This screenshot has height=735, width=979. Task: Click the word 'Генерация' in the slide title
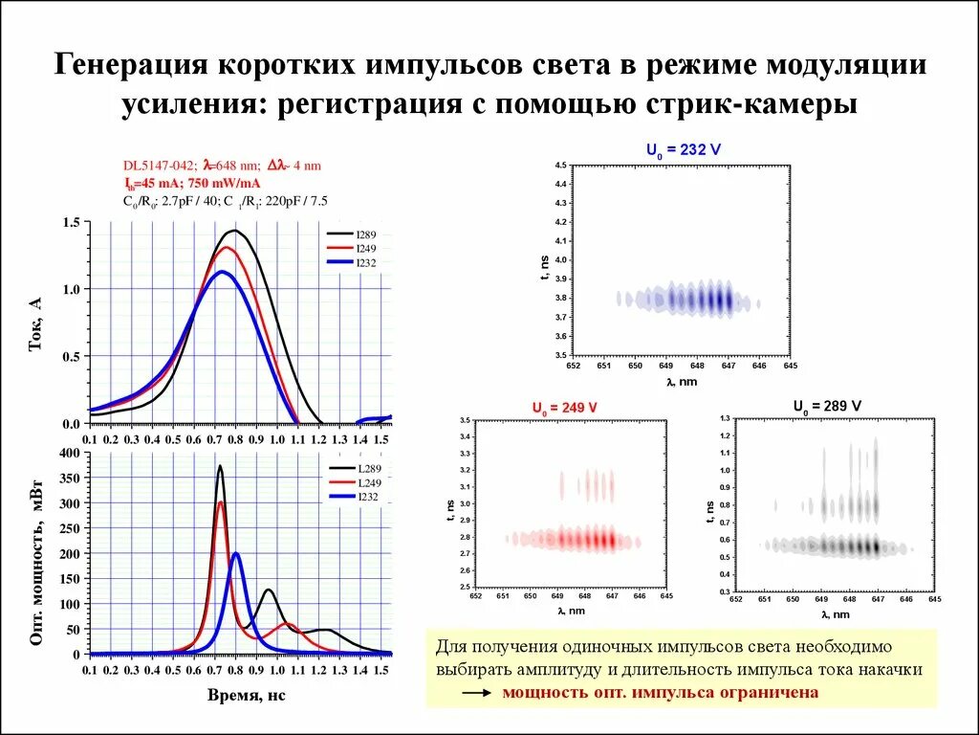coord(130,65)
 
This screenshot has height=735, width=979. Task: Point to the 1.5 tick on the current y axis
coord(71,222)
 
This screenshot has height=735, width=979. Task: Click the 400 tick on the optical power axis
coord(68,453)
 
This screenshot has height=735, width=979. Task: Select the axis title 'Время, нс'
coord(246,696)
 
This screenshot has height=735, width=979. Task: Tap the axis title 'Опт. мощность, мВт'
coord(36,557)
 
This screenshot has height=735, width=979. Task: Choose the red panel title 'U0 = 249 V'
coord(564,408)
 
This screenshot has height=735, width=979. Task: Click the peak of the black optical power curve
coord(220,466)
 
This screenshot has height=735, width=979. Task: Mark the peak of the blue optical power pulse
coord(236,553)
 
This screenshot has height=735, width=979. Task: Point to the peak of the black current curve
coord(233,231)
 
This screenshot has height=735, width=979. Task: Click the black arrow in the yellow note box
coord(475,692)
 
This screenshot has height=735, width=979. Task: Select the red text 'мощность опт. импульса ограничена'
coord(660,692)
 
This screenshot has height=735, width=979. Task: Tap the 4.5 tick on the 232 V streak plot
coord(561,166)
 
